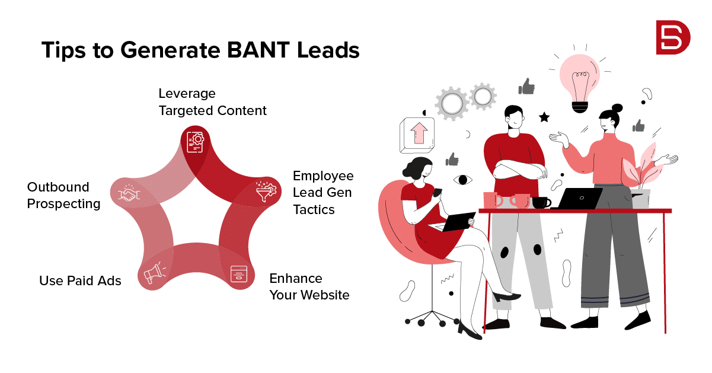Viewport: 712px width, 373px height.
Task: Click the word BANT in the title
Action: pos(258,50)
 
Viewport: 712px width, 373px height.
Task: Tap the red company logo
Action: pos(673,37)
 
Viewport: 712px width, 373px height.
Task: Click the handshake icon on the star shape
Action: pos(129,193)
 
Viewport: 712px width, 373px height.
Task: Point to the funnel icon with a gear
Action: pos(266,191)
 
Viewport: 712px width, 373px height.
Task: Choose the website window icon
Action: pos(239,274)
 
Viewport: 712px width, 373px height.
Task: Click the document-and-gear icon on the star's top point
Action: pos(196,142)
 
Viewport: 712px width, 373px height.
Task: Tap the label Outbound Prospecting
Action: pos(63,195)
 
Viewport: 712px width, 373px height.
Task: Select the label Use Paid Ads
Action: pos(80,280)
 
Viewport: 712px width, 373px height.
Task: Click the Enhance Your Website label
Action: pos(309,286)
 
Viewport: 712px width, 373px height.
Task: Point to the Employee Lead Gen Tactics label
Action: pos(323,193)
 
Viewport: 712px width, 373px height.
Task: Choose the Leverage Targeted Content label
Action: pos(212,102)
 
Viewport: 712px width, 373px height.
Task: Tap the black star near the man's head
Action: pos(544,117)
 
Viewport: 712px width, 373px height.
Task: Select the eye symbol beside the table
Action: pos(463,180)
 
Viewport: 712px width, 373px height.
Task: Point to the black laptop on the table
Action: pos(577,199)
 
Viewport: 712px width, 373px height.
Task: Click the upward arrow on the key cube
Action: pos(419,133)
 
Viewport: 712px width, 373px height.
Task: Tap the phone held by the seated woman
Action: pos(438,192)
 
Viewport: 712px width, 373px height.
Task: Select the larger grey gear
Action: pos(452,104)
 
